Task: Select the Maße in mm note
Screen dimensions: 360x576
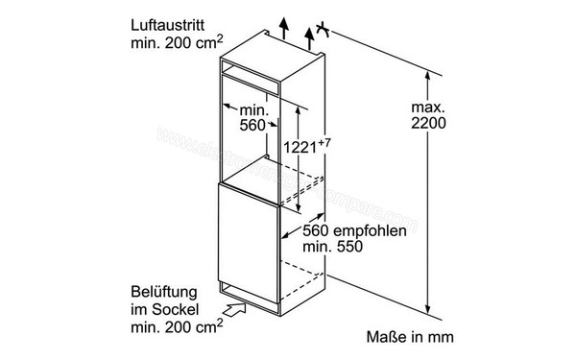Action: (407, 338)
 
